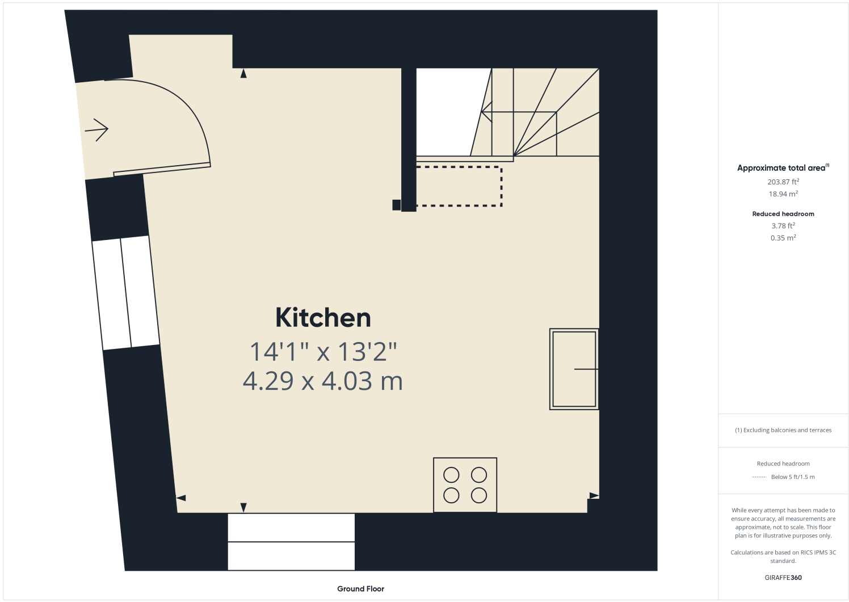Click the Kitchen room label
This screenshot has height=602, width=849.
tap(323, 318)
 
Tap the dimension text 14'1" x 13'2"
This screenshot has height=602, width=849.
tap(323, 352)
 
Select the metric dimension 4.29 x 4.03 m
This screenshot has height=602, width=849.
tap(322, 381)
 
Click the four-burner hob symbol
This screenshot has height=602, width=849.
tap(465, 485)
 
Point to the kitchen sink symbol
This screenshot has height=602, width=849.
tap(574, 369)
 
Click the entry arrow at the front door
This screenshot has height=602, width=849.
tap(97, 130)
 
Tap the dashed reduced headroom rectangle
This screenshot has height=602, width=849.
tap(459, 186)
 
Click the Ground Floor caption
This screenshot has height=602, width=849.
tap(360, 589)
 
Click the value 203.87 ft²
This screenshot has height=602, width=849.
tap(783, 182)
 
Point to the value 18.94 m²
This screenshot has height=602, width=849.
tap(783, 194)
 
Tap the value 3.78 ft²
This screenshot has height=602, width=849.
tap(783, 226)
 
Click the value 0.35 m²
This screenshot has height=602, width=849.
tap(783, 238)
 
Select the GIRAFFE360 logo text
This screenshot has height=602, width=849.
tap(783, 578)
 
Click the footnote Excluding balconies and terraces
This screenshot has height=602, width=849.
tap(783, 430)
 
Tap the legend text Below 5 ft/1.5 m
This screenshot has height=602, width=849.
tap(793, 477)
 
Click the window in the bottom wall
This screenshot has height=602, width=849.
tap(291, 541)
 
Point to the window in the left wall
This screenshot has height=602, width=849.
tap(125, 293)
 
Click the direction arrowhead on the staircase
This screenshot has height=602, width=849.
tap(485, 112)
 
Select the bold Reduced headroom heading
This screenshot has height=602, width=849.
tap(783, 214)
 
